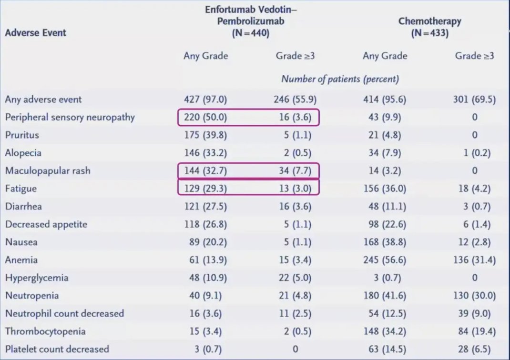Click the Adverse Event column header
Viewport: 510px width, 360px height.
click(x=35, y=33)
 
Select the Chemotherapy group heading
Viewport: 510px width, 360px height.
click(x=429, y=21)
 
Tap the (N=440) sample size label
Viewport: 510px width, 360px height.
click(x=250, y=33)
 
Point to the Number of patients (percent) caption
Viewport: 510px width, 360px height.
click(x=340, y=79)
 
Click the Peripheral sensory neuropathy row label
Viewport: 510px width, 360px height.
click(x=70, y=117)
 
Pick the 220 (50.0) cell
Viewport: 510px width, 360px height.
click(x=205, y=117)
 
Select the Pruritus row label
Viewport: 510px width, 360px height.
click(x=22, y=135)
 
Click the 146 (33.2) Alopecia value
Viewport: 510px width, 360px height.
click(x=205, y=153)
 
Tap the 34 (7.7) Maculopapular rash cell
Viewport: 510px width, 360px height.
click(x=295, y=170)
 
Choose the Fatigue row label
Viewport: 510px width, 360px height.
click(x=21, y=189)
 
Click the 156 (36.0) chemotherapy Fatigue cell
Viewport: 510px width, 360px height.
click(x=385, y=189)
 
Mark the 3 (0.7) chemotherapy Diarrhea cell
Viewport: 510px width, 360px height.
click(x=477, y=206)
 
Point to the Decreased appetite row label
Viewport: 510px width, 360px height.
click(x=46, y=224)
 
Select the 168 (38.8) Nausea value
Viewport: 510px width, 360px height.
click(x=385, y=242)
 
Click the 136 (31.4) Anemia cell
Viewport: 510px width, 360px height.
click(x=474, y=260)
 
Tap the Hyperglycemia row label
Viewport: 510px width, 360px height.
click(x=37, y=278)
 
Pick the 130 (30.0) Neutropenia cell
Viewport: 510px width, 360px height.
click(x=474, y=296)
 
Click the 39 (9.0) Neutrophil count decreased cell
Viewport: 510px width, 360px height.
click(x=474, y=313)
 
